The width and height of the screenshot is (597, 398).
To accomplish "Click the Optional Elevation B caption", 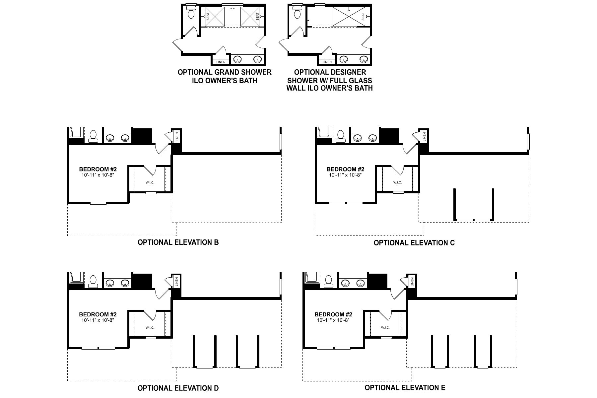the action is (x=178, y=242).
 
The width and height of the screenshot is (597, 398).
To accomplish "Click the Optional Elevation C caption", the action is (x=414, y=243).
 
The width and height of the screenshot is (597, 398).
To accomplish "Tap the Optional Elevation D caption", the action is (x=178, y=388).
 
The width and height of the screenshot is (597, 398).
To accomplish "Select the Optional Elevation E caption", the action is (x=405, y=387).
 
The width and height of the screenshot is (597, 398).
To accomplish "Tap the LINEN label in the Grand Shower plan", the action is (x=221, y=62).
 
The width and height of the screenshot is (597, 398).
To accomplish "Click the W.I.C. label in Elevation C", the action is (x=397, y=182).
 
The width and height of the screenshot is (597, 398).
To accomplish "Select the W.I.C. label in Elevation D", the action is (x=150, y=328).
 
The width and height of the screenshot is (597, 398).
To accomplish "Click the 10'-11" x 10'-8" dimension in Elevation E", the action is (x=333, y=320).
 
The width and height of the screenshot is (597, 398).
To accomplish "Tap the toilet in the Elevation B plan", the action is (x=93, y=136).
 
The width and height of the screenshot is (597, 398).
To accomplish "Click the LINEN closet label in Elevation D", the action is (x=177, y=282).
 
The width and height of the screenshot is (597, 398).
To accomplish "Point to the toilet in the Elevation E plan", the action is (x=329, y=282).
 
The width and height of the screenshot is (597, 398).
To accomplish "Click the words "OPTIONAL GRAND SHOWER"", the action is (x=225, y=72).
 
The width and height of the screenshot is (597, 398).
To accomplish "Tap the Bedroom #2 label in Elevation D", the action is (x=98, y=315).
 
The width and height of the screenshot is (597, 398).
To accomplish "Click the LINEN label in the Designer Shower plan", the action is (x=327, y=62).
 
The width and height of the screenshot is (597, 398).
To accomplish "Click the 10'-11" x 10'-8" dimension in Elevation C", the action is (x=345, y=175).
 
